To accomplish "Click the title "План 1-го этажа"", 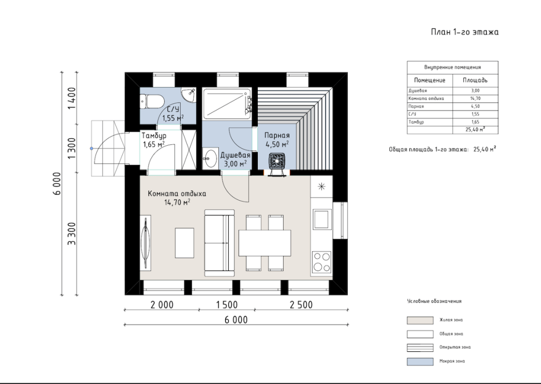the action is coord(465,32).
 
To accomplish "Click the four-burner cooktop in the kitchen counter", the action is coord(322,262).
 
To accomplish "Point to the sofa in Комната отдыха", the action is coord(219,242).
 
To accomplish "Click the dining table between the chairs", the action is coord(265,243).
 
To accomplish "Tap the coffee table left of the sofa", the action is coord(184,243).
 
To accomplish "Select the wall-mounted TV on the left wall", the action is coord(146,242).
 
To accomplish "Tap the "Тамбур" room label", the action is coord(154,136).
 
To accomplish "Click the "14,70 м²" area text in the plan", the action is coord(178,202).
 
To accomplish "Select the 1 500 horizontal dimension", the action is coord(227,305).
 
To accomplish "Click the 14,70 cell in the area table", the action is coord(475,98).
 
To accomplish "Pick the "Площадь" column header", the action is coord(475,80).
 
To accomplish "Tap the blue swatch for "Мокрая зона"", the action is coord(420,362).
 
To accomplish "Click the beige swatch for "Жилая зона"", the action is coord(420,320).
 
